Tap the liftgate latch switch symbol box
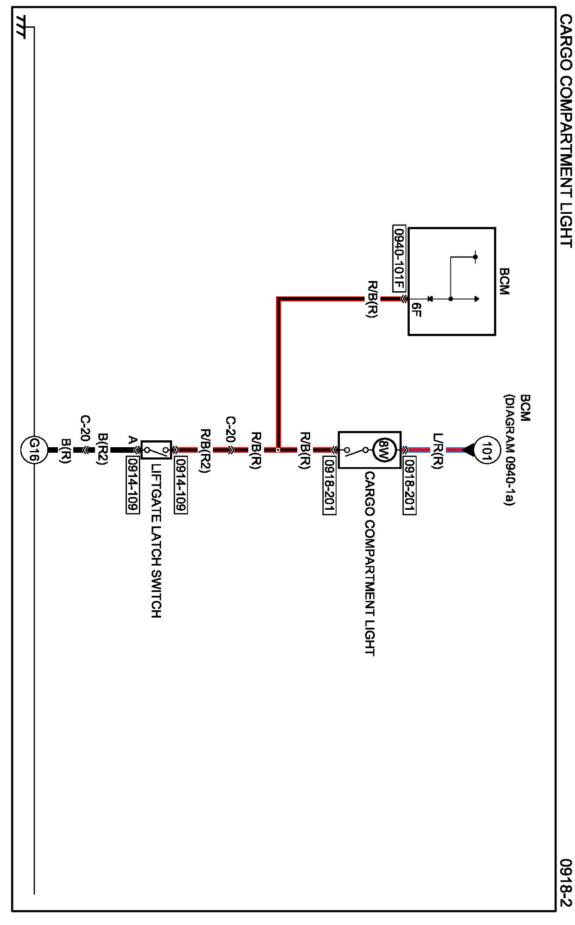click(156, 450)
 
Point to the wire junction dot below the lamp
click(278, 450)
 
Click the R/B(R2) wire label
click(205, 450)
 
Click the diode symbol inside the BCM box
click(430, 299)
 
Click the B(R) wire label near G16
click(66, 450)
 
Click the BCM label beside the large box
click(504, 281)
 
